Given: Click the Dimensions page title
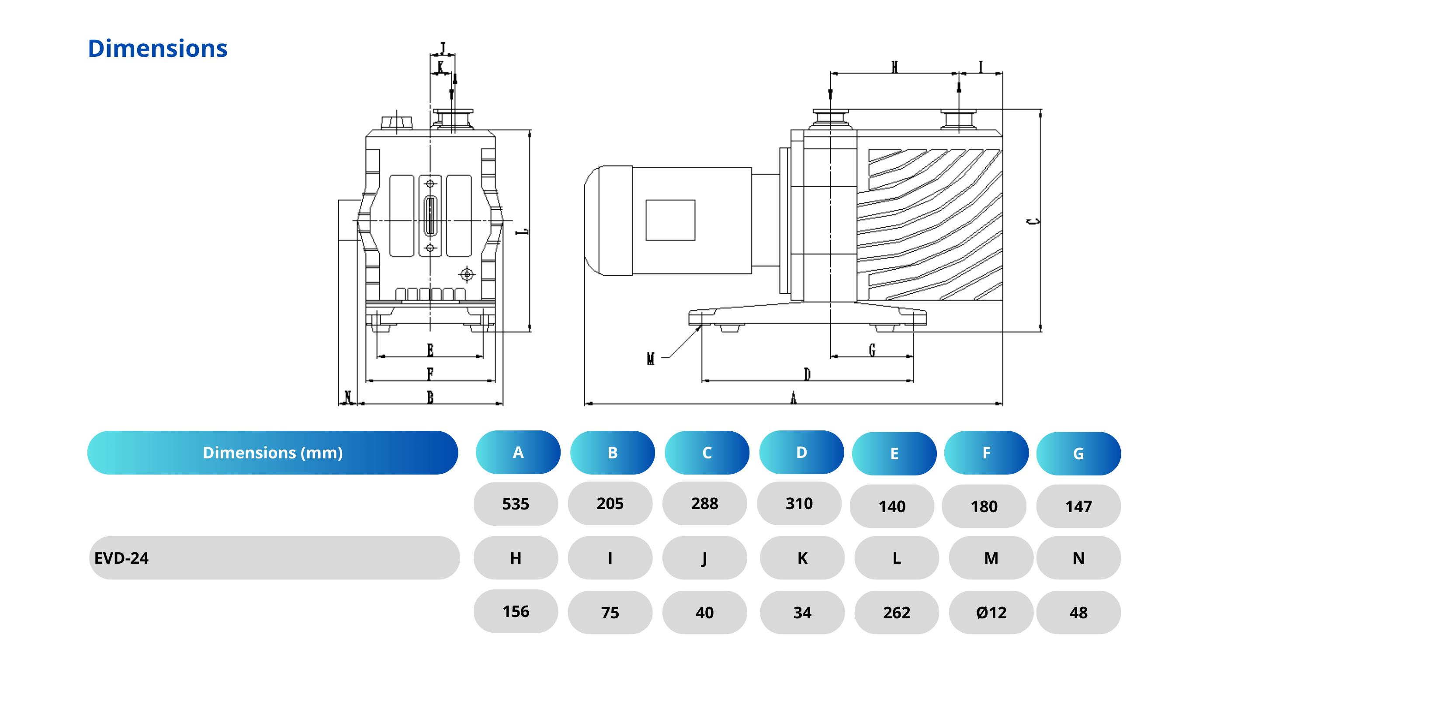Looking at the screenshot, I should [x=157, y=49].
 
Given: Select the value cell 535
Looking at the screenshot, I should [x=516, y=504].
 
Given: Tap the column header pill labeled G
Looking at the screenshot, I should [x=1078, y=454].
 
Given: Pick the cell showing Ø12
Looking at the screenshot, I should [x=991, y=612].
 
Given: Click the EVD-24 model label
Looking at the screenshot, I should [x=121, y=558].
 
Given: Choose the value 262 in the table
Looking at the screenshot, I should [x=896, y=612].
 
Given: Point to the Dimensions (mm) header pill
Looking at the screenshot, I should [x=273, y=453].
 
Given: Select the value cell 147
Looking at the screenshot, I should [x=1078, y=506].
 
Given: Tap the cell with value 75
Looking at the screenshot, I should [x=610, y=612].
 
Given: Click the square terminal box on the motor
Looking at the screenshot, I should [x=670, y=220].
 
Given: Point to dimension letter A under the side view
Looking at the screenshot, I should [x=793, y=398].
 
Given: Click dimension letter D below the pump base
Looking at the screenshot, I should [x=807, y=374].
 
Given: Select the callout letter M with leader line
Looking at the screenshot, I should [x=651, y=358].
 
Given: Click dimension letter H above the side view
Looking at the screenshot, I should [x=894, y=67].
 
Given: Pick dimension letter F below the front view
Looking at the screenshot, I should [x=430, y=373].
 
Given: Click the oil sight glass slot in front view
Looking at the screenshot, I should [x=430, y=215].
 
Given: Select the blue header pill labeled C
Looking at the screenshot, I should [x=707, y=453].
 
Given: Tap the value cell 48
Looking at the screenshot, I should [x=1078, y=612].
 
